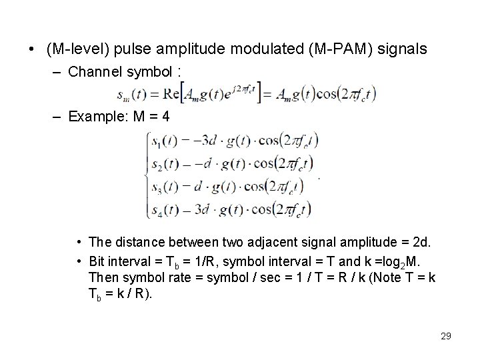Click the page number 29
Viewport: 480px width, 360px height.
(x=446, y=336)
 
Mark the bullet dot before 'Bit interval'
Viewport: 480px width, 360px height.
(x=79, y=259)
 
